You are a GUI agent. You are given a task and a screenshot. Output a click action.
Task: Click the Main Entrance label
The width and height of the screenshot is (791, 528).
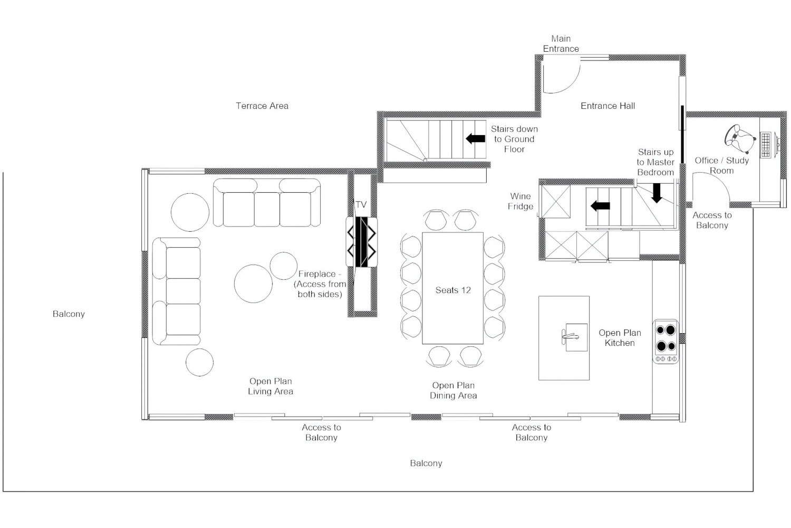pyautogui.click(x=561, y=43)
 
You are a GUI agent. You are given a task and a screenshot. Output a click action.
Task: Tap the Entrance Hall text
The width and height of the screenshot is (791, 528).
pyautogui.click(x=607, y=106)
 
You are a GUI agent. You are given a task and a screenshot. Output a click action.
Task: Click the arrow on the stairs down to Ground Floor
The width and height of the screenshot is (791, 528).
pyautogui.click(x=476, y=138)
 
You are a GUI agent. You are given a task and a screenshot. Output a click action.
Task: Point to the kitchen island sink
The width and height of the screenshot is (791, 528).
pyautogui.click(x=573, y=336)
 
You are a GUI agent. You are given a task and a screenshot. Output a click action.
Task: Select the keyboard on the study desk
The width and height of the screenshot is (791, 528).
pyautogui.click(x=765, y=143)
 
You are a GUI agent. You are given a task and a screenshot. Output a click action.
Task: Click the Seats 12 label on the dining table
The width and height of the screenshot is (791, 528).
pyautogui.click(x=453, y=290)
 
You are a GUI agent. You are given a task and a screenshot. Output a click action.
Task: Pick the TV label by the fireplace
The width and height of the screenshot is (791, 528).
pyautogui.click(x=361, y=204)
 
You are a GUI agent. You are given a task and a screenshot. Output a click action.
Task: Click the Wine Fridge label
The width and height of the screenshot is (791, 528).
pyautogui.click(x=520, y=201)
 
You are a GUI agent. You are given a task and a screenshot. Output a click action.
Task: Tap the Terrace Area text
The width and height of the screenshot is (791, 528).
pyautogui.click(x=262, y=106)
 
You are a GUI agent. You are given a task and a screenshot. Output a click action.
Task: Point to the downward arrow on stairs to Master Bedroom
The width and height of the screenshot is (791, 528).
pyautogui.click(x=657, y=193)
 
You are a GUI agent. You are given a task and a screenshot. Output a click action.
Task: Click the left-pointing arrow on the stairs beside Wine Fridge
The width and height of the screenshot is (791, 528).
pyautogui.click(x=600, y=205)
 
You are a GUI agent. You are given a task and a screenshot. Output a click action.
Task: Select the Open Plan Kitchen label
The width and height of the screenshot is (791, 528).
pyautogui.click(x=620, y=338)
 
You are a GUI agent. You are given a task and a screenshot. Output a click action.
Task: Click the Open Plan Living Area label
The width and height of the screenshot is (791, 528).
pyautogui.click(x=271, y=386)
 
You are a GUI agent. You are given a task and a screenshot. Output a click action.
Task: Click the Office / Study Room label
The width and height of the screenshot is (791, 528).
pyautogui.click(x=721, y=165)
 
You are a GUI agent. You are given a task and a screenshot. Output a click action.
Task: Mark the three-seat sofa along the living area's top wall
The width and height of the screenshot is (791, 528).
pyautogui.click(x=267, y=204)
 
